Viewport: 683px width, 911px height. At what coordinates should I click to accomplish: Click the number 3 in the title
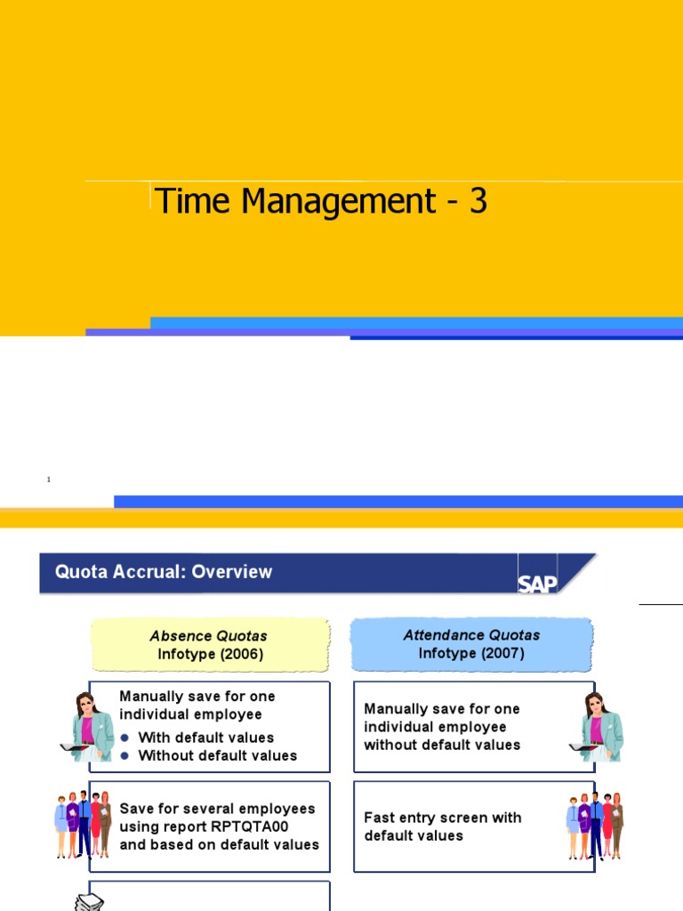click(x=478, y=201)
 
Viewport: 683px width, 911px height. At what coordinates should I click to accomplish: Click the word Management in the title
click(x=338, y=203)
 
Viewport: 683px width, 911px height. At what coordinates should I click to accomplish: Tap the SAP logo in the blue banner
click(x=537, y=582)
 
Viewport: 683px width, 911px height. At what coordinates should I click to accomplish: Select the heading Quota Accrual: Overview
click(x=164, y=572)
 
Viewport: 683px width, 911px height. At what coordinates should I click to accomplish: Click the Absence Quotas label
click(x=208, y=636)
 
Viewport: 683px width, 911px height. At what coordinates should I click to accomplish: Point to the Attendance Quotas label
click(x=471, y=635)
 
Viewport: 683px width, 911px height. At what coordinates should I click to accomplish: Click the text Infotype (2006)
click(x=211, y=654)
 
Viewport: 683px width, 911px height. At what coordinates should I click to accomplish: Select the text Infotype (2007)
click(x=471, y=653)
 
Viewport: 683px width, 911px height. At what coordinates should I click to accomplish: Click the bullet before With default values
click(x=125, y=738)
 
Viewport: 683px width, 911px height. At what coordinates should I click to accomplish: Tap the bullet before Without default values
click(x=125, y=756)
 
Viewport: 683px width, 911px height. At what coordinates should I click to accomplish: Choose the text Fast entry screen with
click(x=443, y=818)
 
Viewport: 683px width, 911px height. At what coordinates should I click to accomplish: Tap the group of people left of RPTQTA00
click(x=83, y=824)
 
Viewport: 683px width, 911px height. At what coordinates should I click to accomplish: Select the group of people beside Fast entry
click(x=594, y=826)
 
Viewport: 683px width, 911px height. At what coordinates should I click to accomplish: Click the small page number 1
click(x=49, y=480)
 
